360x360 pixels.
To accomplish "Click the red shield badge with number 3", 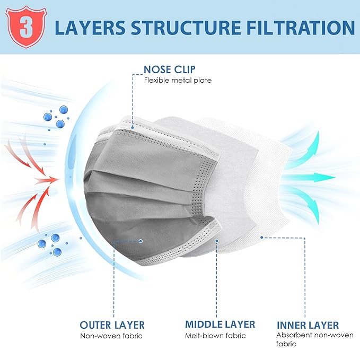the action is [x=26, y=27].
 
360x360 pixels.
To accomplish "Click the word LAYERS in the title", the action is [x=90, y=28].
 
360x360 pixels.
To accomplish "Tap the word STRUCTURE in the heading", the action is [x=186, y=28].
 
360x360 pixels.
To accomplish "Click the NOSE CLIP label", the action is [x=170, y=69].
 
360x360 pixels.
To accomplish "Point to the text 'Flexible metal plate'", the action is [x=178, y=81].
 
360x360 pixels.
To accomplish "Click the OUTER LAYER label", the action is [x=112, y=325].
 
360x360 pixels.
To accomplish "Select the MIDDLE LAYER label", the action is [x=220, y=324].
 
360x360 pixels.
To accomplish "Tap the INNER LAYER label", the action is [x=308, y=325].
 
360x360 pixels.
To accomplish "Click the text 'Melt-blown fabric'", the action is [x=215, y=336].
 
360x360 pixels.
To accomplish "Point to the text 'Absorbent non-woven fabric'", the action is [x=315, y=339].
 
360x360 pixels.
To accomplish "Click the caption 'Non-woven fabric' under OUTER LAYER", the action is [x=111, y=336].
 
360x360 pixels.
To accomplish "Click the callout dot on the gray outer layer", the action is [x=141, y=241].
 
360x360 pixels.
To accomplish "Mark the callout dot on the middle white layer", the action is [x=217, y=241].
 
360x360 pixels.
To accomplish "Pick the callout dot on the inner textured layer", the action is [x=262, y=237].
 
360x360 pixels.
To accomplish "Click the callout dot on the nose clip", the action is [x=133, y=127].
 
